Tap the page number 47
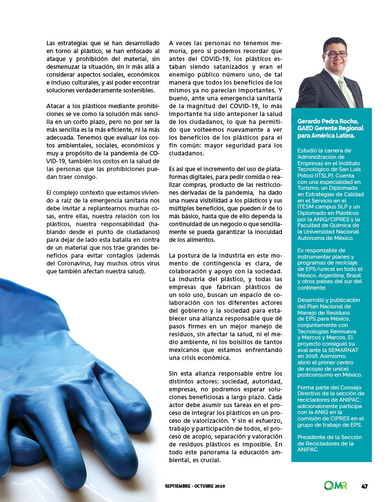click(x=364, y=486)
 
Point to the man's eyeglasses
click(x=335, y=54)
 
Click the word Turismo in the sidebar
click(x=309, y=188)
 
